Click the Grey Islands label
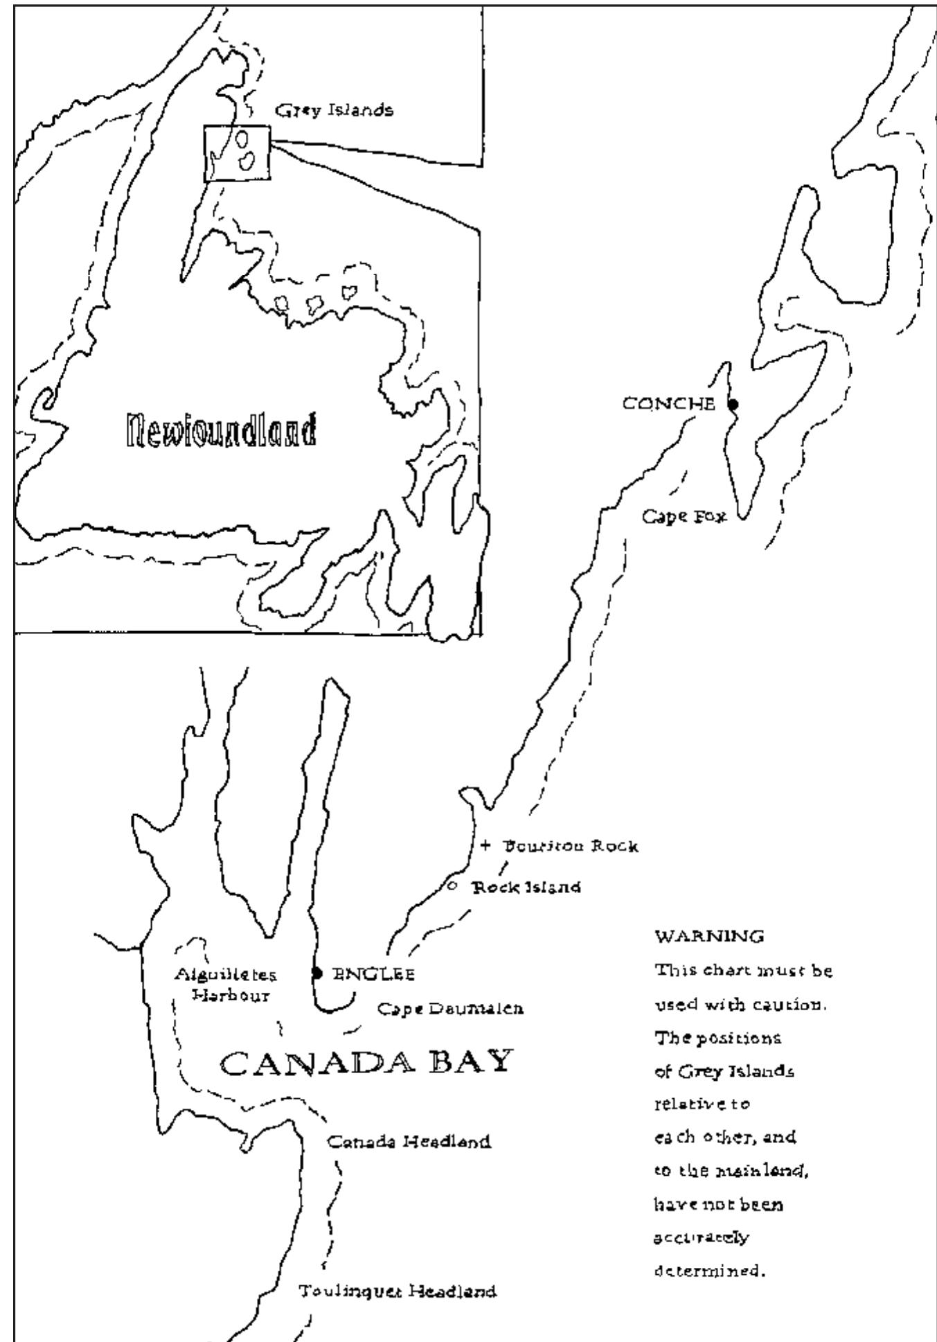point(334,109)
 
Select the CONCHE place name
point(668,403)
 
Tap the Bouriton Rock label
point(570,846)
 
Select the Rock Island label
point(526,887)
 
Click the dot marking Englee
point(317,973)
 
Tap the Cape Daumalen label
point(450,1008)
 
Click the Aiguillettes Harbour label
point(225,985)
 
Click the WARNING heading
point(709,937)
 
